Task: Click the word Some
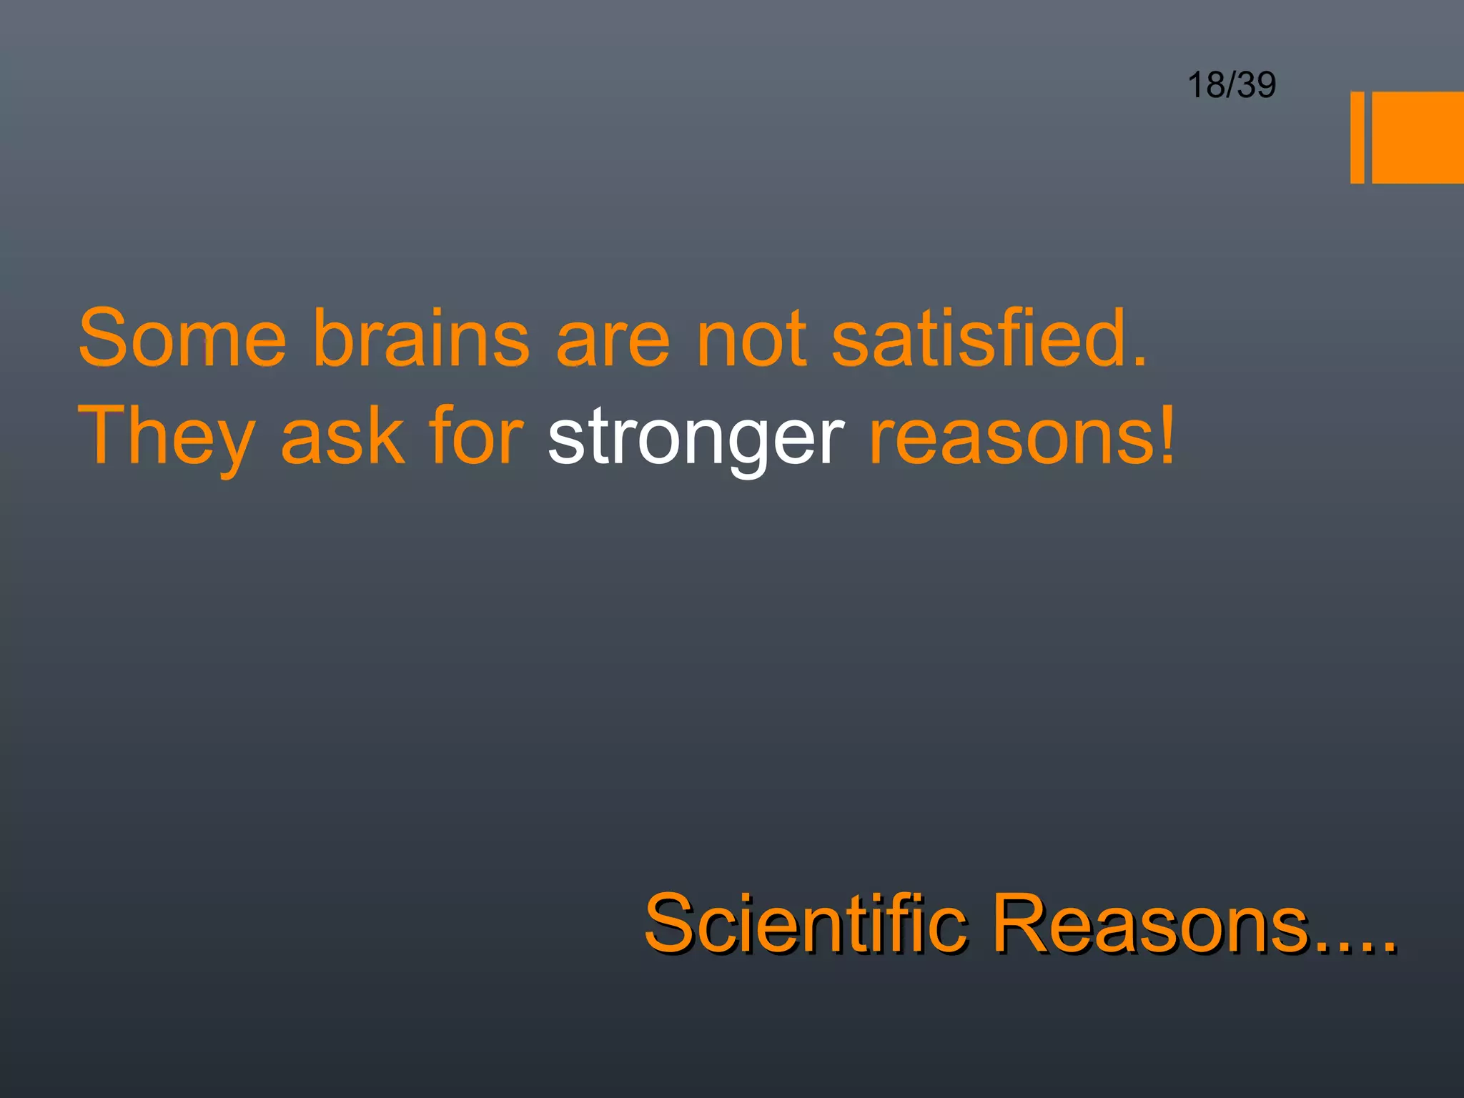182,337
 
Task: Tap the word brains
422,337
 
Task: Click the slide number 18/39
1231,85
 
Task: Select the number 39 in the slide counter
1256,85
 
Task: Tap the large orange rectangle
1418,137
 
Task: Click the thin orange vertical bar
1357,137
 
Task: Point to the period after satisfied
1139,361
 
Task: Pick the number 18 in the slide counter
1206,85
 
